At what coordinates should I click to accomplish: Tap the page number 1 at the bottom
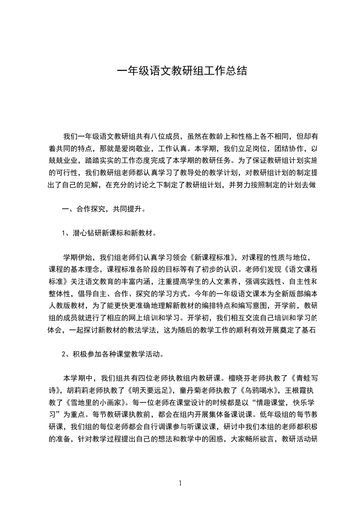(180, 483)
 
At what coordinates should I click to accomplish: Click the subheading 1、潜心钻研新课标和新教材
(109, 234)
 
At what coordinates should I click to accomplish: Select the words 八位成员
(167, 136)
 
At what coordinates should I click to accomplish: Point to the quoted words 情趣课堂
(256, 401)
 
